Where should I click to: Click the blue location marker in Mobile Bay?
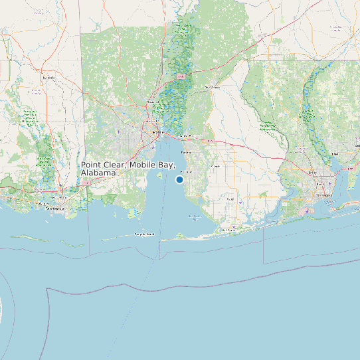[179, 179]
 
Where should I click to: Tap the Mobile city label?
[157, 132]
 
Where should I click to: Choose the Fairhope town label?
[186, 172]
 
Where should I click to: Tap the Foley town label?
[230, 199]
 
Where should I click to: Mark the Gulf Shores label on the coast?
[228, 230]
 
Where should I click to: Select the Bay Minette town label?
[212, 86]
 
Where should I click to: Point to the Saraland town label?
[153, 102]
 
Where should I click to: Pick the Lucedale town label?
[48, 78]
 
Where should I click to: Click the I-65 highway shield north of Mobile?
[180, 77]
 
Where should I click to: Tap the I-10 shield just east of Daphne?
[210, 141]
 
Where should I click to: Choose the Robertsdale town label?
[215, 166]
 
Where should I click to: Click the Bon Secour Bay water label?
[195, 216]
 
